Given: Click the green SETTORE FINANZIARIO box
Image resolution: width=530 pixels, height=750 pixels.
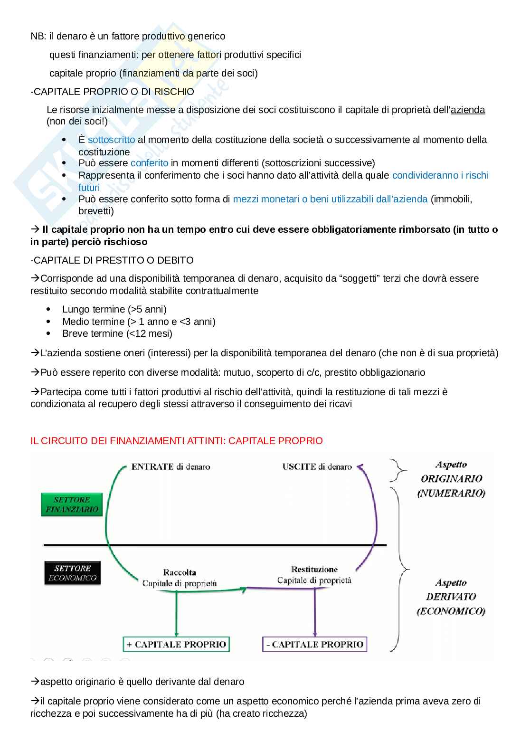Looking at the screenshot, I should [x=72, y=504].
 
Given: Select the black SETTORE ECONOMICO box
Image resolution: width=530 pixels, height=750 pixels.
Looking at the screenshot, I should [x=72, y=573].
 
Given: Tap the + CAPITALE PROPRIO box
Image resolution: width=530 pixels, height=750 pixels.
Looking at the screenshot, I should [x=176, y=645].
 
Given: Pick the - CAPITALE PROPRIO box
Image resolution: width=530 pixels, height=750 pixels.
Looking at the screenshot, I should [x=315, y=645].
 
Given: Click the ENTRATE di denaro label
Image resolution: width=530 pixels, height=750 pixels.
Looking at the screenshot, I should [x=170, y=467].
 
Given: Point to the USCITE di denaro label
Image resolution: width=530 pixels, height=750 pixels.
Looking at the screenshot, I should [x=317, y=467].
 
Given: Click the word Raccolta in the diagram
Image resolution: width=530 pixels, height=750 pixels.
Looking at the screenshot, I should [x=180, y=572].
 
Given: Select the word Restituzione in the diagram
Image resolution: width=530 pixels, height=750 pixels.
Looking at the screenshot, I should [x=314, y=569].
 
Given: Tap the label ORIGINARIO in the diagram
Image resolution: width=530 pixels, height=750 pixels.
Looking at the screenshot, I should [x=451, y=479].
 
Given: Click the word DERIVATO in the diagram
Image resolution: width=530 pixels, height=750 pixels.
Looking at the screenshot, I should [x=451, y=597].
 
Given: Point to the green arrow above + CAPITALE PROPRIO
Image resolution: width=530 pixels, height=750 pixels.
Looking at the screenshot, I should [x=177, y=613].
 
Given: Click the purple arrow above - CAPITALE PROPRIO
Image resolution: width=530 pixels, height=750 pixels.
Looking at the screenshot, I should [x=315, y=613].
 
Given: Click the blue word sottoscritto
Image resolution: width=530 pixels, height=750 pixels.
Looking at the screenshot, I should [x=111, y=140].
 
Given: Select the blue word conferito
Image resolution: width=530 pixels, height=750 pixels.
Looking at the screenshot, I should [x=150, y=163].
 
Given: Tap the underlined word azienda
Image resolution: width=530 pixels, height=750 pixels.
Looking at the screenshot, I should [x=468, y=110].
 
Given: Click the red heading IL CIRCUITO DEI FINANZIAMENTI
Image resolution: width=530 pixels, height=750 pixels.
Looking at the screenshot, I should [x=176, y=441].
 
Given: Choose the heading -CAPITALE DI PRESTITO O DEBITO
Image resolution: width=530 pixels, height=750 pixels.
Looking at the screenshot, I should [x=112, y=260].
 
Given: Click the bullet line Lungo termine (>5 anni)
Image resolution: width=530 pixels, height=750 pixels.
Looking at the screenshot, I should [x=114, y=309].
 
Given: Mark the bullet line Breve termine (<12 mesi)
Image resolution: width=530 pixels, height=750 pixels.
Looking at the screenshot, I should [x=117, y=333].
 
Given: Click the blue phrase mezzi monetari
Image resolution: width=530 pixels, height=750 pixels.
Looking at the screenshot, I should [x=266, y=199].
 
